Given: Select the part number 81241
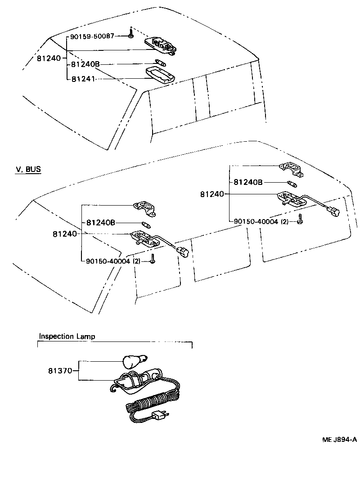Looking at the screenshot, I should pos(83,78).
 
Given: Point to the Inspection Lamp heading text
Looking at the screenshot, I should pos(67,336).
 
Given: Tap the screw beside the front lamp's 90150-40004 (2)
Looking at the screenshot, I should pos(153,260).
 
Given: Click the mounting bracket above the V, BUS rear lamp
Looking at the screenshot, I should pos(291,169).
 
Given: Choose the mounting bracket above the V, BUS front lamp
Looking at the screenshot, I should pos(145,208).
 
